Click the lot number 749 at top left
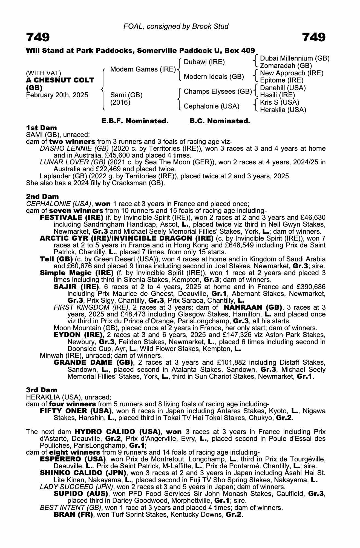[38, 37]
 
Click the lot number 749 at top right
[314, 37]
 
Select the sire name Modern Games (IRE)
[143, 69]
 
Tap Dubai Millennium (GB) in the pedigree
[295, 58]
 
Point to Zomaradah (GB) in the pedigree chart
[286, 66]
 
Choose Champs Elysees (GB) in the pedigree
[218, 92]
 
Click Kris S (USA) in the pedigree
[280, 102]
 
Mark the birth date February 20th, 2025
[57, 95]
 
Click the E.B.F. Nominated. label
[135, 121]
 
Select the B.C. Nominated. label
[220, 121]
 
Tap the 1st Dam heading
[41, 128]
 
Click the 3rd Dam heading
[42, 390]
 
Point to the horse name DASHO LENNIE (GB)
[74, 149]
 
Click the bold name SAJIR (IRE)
[76, 287]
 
